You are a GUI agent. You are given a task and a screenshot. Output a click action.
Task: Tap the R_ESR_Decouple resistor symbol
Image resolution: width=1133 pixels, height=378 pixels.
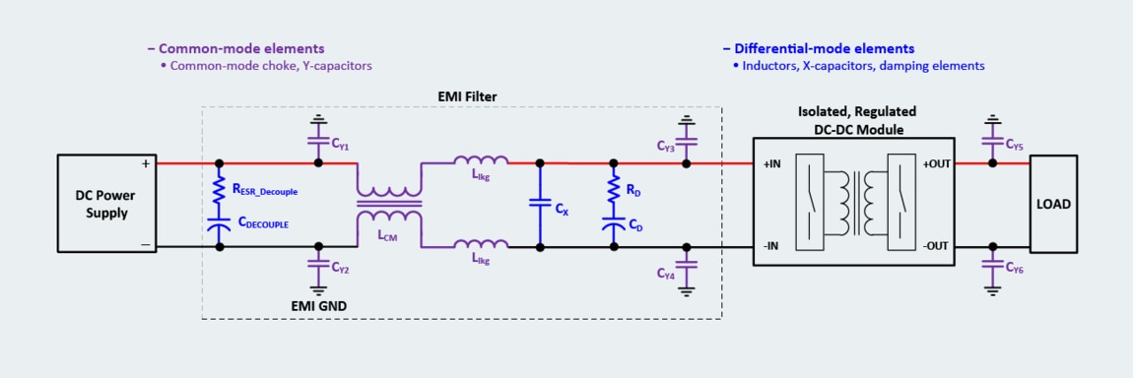(x=219, y=189)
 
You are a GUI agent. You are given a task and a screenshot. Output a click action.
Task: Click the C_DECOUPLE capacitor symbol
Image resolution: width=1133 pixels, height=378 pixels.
(x=219, y=225)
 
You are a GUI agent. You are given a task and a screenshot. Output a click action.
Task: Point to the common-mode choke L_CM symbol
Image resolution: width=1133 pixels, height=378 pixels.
(x=388, y=205)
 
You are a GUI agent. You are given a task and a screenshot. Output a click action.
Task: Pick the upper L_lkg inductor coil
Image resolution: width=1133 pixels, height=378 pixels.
(x=481, y=161)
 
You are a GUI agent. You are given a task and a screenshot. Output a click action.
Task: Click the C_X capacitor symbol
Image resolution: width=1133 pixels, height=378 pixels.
(x=539, y=203)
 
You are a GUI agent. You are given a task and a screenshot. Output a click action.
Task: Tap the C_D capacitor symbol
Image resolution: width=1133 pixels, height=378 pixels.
(x=613, y=225)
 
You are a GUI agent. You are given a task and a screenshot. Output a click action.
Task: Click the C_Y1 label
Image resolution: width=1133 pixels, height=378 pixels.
(x=340, y=146)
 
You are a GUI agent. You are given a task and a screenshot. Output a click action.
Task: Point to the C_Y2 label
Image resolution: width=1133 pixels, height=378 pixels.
(x=340, y=267)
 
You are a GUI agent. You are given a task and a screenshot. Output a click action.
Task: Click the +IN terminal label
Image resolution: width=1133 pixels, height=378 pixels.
(x=772, y=164)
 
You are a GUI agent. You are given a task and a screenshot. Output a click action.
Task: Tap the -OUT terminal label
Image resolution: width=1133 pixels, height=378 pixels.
(x=937, y=246)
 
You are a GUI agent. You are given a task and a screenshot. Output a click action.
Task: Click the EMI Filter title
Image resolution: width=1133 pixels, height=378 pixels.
(x=467, y=95)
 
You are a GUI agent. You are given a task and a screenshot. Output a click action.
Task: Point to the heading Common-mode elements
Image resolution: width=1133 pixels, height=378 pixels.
(x=235, y=48)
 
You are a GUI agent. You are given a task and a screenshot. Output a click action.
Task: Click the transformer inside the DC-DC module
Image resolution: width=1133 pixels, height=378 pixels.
(x=854, y=205)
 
